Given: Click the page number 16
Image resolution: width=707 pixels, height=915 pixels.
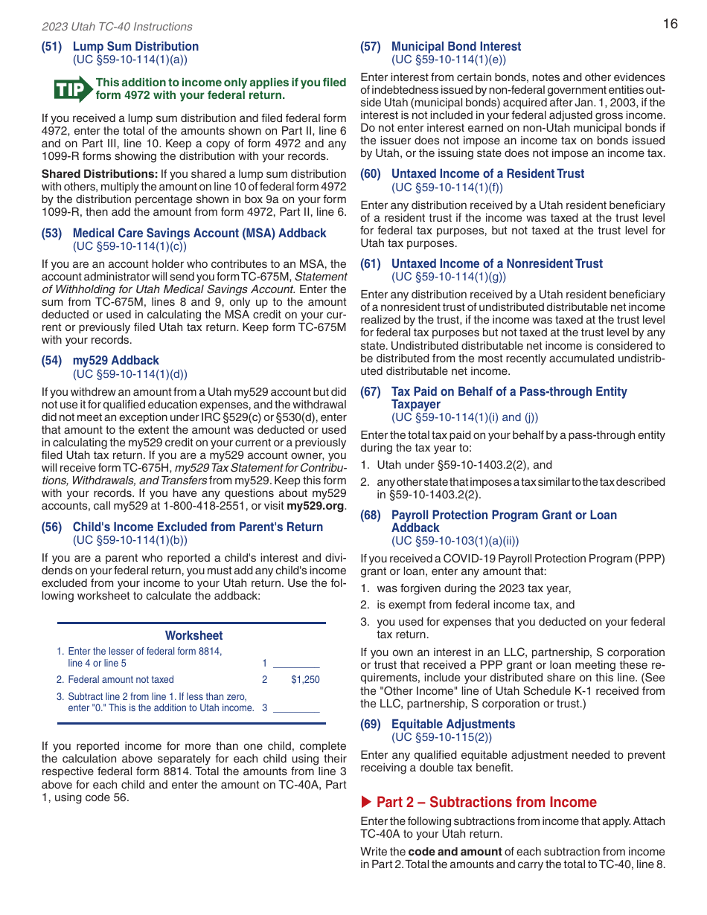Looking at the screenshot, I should [670, 24].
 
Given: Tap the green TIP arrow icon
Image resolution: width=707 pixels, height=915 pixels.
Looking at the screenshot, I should [73, 89].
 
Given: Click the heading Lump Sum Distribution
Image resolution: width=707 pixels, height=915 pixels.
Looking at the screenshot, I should [135, 46].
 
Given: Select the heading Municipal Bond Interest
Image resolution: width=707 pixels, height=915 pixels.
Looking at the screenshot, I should [456, 46].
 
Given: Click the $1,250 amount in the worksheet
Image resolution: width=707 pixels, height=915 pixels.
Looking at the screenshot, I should [305, 679].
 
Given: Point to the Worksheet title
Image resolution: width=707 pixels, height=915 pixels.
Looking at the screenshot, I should [193, 635].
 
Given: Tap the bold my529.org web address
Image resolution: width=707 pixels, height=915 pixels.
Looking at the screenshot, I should [315, 506].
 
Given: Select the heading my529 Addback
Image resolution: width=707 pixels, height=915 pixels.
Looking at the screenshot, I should [115, 360].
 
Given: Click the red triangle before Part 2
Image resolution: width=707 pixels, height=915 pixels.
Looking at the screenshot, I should [365, 802].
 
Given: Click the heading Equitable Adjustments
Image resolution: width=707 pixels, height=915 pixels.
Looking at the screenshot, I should [453, 724].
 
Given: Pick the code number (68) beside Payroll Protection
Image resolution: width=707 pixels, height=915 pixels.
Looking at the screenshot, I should [371, 515].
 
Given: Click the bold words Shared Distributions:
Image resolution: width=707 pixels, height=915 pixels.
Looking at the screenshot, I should [99, 174].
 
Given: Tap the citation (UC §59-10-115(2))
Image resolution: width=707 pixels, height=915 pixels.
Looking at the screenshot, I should [441, 737].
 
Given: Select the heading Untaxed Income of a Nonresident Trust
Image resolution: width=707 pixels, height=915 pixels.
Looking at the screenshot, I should [497, 263].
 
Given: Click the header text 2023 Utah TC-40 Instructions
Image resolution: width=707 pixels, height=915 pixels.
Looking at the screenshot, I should [117, 27].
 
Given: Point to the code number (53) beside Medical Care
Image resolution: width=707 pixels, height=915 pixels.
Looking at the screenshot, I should [51, 233].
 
